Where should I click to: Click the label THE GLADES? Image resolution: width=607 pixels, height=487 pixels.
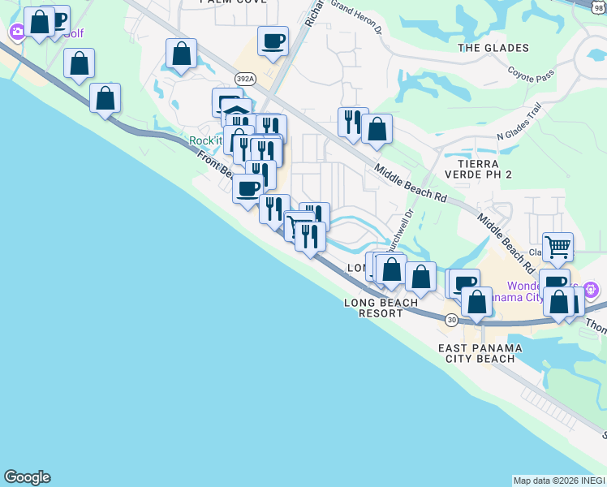click(x=493, y=48)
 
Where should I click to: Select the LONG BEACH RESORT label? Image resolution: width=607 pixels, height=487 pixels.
click(x=381, y=308)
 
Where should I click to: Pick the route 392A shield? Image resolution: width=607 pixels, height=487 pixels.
click(x=245, y=78)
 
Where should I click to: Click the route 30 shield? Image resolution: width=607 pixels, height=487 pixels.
click(x=451, y=320)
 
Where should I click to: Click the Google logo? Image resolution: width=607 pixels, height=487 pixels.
click(x=27, y=477)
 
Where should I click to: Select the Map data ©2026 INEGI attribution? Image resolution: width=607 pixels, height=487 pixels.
click(x=558, y=481)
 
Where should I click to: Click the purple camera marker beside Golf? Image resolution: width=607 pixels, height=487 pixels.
click(x=17, y=32)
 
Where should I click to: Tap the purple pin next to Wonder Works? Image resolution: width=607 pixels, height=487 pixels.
click(x=592, y=288)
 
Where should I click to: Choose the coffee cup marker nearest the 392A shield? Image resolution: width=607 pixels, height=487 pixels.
click(x=273, y=40)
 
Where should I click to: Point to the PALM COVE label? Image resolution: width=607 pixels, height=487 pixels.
click(x=222, y=2)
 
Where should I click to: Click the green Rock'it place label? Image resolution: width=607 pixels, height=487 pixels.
click(x=205, y=140)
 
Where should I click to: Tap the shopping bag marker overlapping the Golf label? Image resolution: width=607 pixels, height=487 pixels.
click(x=39, y=20)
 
